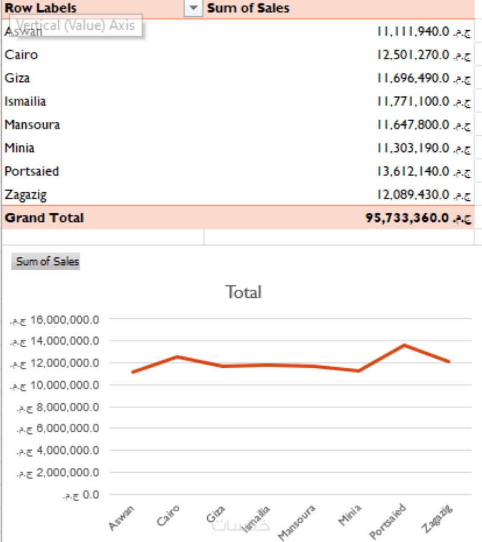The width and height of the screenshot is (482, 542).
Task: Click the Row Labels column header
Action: (x=41, y=8)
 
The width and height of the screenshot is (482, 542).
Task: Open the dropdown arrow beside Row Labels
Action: (x=193, y=8)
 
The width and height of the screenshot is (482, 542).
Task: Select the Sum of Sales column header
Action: (x=248, y=8)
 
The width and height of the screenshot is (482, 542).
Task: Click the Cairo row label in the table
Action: (x=21, y=55)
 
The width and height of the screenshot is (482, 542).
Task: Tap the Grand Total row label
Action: (x=44, y=218)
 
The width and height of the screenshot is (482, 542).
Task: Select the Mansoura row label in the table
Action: (x=32, y=125)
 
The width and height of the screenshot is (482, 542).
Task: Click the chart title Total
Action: (x=243, y=292)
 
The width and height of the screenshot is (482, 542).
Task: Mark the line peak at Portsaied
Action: (x=404, y=345)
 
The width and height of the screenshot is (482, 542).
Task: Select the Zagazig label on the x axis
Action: (x=439, y=517)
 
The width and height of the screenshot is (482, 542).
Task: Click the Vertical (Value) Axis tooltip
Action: (x=76, y=26)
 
